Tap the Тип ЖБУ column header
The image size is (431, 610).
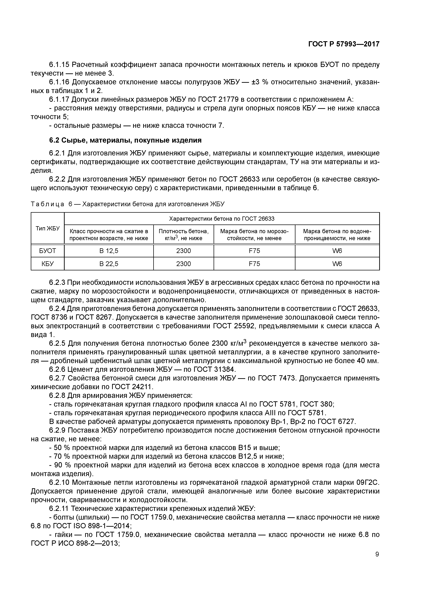(x=48, y=228)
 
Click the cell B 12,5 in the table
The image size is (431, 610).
(x=109, y=251)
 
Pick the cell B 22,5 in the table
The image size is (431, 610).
(x=109, y=264)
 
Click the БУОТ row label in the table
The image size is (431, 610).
(x=48, y=251)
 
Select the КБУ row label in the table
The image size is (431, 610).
(x=48, y=264)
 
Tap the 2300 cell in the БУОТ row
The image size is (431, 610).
(x=184, y=251)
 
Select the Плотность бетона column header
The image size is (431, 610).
(x=184, y=235)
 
